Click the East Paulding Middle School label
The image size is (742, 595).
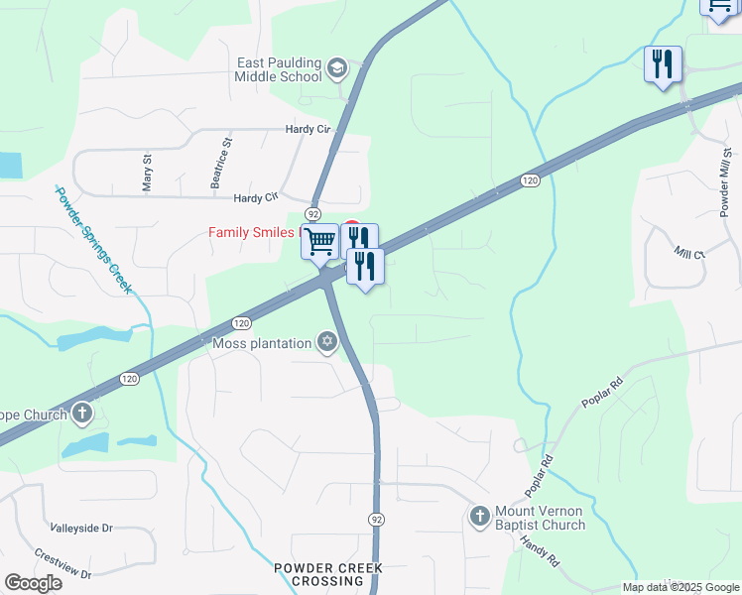(279, 68)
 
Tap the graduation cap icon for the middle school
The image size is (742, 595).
(336, 68)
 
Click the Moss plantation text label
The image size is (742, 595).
(262, 344)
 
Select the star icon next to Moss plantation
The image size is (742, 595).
(326, 343)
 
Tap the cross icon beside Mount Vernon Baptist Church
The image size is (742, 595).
(480, 516)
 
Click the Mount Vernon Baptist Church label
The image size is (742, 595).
(540, 519)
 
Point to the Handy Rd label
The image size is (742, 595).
(541, 551)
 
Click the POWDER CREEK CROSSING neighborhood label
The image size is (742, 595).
(328, 575)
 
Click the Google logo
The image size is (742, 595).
(33, 583)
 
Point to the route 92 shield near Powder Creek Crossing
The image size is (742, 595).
(376, 520)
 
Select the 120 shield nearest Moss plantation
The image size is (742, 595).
(241, 323)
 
